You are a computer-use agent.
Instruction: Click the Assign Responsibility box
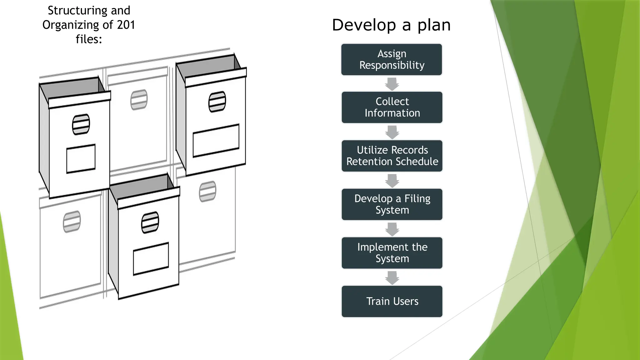[x=392, y=59]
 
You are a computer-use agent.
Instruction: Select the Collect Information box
[x=392, y=107]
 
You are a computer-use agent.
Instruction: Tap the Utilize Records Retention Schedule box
[x=392, y=156]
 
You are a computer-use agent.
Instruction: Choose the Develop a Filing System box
[x=392, y=204]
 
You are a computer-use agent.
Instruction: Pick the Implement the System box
[x=392, y=253]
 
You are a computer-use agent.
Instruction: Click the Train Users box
[x=392, y=301]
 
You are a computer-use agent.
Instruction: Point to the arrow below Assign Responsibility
[x=392, y=84]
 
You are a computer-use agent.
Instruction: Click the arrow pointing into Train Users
[x=392, y=277]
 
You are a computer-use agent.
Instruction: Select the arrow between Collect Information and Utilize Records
[x=392, y=132]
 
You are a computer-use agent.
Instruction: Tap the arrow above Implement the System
[x=392, y=229]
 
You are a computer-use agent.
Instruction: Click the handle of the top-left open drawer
[x=81, y=124]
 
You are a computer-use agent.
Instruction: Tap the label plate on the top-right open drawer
[x=216, y=140]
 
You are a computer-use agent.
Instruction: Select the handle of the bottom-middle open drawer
[x=150, y=222]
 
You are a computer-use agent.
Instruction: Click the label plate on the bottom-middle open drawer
[x=151, y=259]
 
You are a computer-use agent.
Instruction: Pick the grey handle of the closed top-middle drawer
[x=139, y=100]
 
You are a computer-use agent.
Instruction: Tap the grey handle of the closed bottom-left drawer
[x=72, y=222]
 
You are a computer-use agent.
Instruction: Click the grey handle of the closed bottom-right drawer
[x=207, y=191]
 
